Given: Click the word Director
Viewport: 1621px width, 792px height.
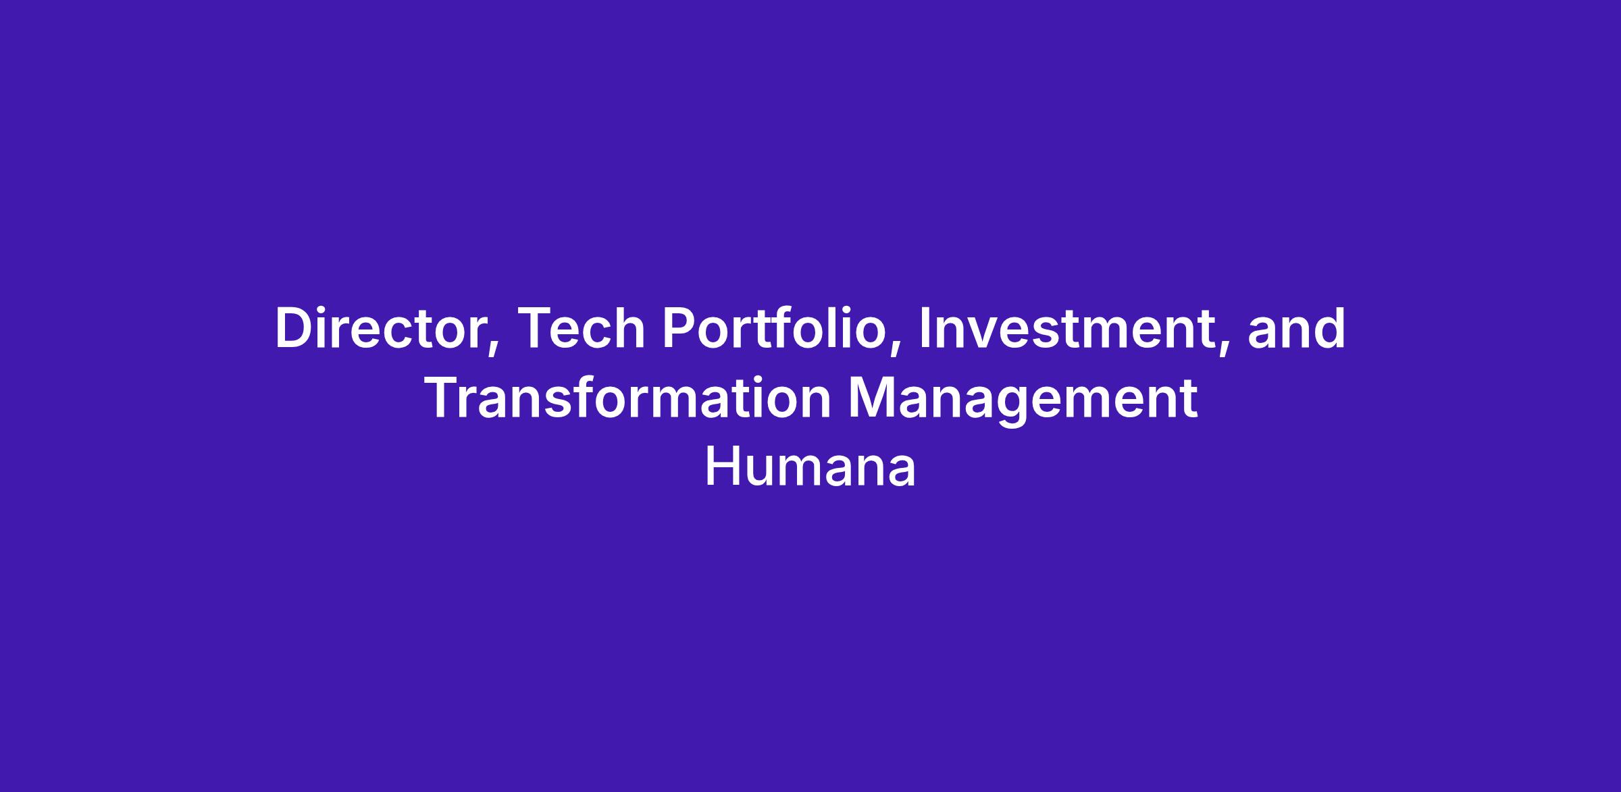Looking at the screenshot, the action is coord(386,329).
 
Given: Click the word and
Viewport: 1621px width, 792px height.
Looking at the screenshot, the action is coord(1296,329).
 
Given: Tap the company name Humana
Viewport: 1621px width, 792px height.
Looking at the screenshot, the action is coord(810,468).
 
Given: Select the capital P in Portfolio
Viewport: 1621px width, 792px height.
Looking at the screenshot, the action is coord(679,329).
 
